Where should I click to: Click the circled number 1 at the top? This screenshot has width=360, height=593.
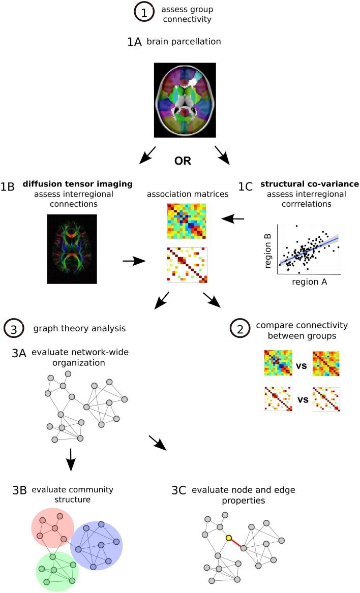coord(144,15)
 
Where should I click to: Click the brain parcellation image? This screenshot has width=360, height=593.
coord(185,100)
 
